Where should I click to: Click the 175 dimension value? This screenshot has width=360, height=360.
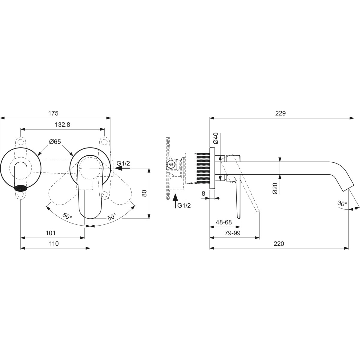click(53, 113)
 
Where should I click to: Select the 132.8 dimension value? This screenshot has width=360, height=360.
click(62, 124)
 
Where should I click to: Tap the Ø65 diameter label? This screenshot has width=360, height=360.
click(55, 142)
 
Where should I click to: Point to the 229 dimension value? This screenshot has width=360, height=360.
click(280, 113)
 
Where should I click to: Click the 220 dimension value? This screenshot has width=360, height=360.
click(279, 244)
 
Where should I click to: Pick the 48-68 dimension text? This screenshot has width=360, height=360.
click(223, 222)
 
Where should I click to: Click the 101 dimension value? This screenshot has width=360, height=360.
click(50, 233)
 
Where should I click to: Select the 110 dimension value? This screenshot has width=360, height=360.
click(54, 244)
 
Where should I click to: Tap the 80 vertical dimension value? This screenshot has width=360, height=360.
click(144, 193)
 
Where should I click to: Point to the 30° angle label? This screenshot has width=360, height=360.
click(342, 203)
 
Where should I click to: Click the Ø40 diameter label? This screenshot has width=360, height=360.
click(215, 138)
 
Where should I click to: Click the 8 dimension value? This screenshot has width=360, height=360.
click(203, 193)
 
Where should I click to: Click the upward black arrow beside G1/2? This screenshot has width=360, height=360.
click(175, 201)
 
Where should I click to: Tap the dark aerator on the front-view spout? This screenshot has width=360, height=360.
click(21, 187)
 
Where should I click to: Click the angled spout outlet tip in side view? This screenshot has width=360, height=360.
click(348, 187)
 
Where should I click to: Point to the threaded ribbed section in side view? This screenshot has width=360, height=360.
click(203, 168)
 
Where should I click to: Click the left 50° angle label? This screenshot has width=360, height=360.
click(67, 216)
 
